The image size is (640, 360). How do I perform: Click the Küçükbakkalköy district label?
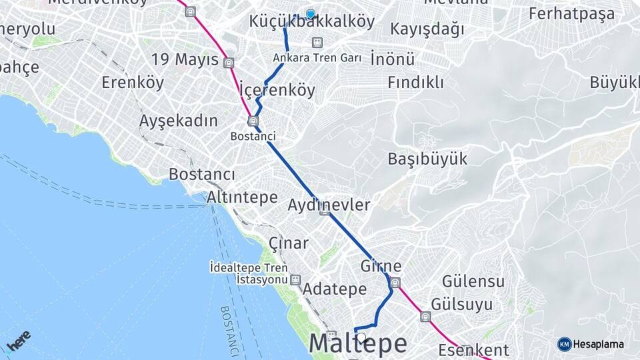pos(311,22)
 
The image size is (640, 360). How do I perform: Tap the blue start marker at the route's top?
pos(310,13)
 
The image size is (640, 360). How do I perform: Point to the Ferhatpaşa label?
pos(571,14)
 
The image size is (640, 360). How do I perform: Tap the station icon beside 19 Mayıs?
pos(229,63)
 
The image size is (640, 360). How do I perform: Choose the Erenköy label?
pos(133,83)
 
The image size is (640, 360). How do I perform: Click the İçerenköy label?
pos(277,90)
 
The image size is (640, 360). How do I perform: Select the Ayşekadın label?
pos(178,121)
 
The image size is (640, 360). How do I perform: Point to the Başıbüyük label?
pos(427,159)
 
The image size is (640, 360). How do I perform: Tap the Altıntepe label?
pos(242,197)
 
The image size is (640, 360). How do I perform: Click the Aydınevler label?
pos(328,205)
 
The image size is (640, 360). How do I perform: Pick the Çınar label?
pos(288,243)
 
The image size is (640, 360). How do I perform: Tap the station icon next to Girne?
pos(395,283)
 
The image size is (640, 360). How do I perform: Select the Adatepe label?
pos(334,289)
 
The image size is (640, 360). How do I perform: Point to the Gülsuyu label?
pos(462,305)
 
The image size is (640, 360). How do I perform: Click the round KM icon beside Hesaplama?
pos(564,344)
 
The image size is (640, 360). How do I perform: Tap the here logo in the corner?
pos(19,342)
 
